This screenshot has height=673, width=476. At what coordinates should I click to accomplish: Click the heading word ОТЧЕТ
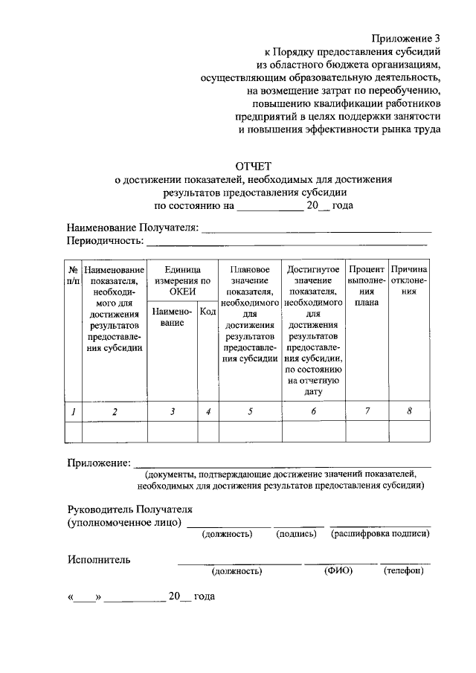coord(254,166)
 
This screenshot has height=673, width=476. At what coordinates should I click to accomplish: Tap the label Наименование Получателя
coord(132,227)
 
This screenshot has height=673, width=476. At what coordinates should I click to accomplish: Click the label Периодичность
coord(104,241)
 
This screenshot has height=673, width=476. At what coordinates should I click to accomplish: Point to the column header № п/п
coord(73,274)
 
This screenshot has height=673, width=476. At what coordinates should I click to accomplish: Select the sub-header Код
coord(208,312)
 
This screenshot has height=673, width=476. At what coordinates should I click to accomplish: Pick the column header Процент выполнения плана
coord(366,286)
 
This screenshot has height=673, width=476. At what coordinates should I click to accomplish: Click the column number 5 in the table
coord(250,411)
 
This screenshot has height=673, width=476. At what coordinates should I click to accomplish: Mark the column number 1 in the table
coord(73,411)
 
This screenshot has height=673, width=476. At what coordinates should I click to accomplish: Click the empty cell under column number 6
coord(313,432)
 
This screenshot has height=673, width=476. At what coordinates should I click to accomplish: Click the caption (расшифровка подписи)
coord(381,534)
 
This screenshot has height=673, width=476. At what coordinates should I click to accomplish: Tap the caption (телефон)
coord(404,570)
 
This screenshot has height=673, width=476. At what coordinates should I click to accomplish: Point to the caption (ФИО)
coord(338,570)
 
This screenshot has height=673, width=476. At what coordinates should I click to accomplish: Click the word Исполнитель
coord(98,559)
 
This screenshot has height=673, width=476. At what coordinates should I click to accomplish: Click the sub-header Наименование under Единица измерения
coord(172,318)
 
